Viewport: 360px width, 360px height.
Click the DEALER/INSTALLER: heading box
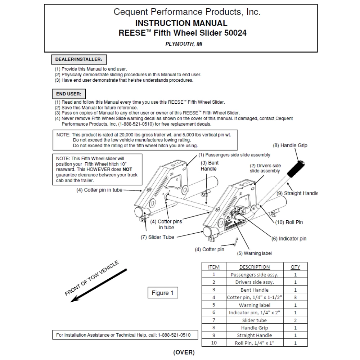79,59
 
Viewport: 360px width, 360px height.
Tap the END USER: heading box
68,94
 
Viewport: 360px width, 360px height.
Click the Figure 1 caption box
162,293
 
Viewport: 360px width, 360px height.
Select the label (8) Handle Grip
290,145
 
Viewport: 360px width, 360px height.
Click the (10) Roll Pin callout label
289,222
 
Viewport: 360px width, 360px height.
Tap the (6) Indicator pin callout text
289,238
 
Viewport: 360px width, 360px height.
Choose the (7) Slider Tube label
157,237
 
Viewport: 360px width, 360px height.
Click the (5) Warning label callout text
254,253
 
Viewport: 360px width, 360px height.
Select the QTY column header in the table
295,267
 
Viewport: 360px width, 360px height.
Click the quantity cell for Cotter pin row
295,297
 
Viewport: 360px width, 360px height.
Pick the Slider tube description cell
254,320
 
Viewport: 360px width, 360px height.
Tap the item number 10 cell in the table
214,343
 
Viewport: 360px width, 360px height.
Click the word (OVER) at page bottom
184,352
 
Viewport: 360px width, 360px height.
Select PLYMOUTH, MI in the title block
183,44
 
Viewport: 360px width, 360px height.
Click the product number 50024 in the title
235,33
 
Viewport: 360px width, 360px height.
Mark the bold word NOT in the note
126,169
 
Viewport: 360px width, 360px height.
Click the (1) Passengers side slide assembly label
234,155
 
